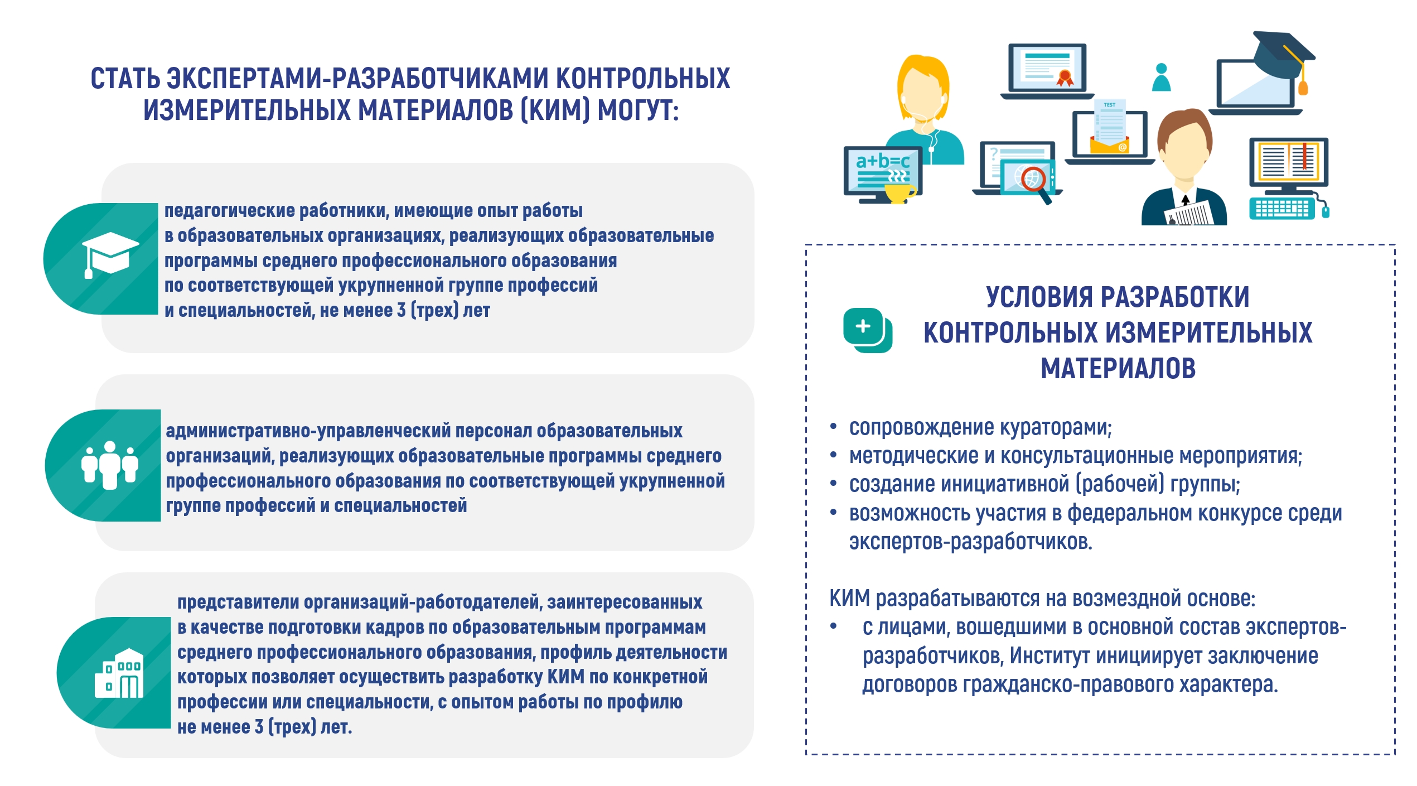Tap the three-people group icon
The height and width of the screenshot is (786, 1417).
(110, 465)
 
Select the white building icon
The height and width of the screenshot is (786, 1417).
(119, 673)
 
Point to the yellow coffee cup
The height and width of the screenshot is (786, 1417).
(899, 193)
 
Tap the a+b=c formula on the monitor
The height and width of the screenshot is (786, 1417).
(883, 161)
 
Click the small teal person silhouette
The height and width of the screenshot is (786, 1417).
(1162, 78)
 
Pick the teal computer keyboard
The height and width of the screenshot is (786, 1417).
(1281, 209)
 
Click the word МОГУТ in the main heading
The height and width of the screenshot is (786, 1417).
(638, 110)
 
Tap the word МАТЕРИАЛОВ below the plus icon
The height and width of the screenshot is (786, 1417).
(1118, 369)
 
